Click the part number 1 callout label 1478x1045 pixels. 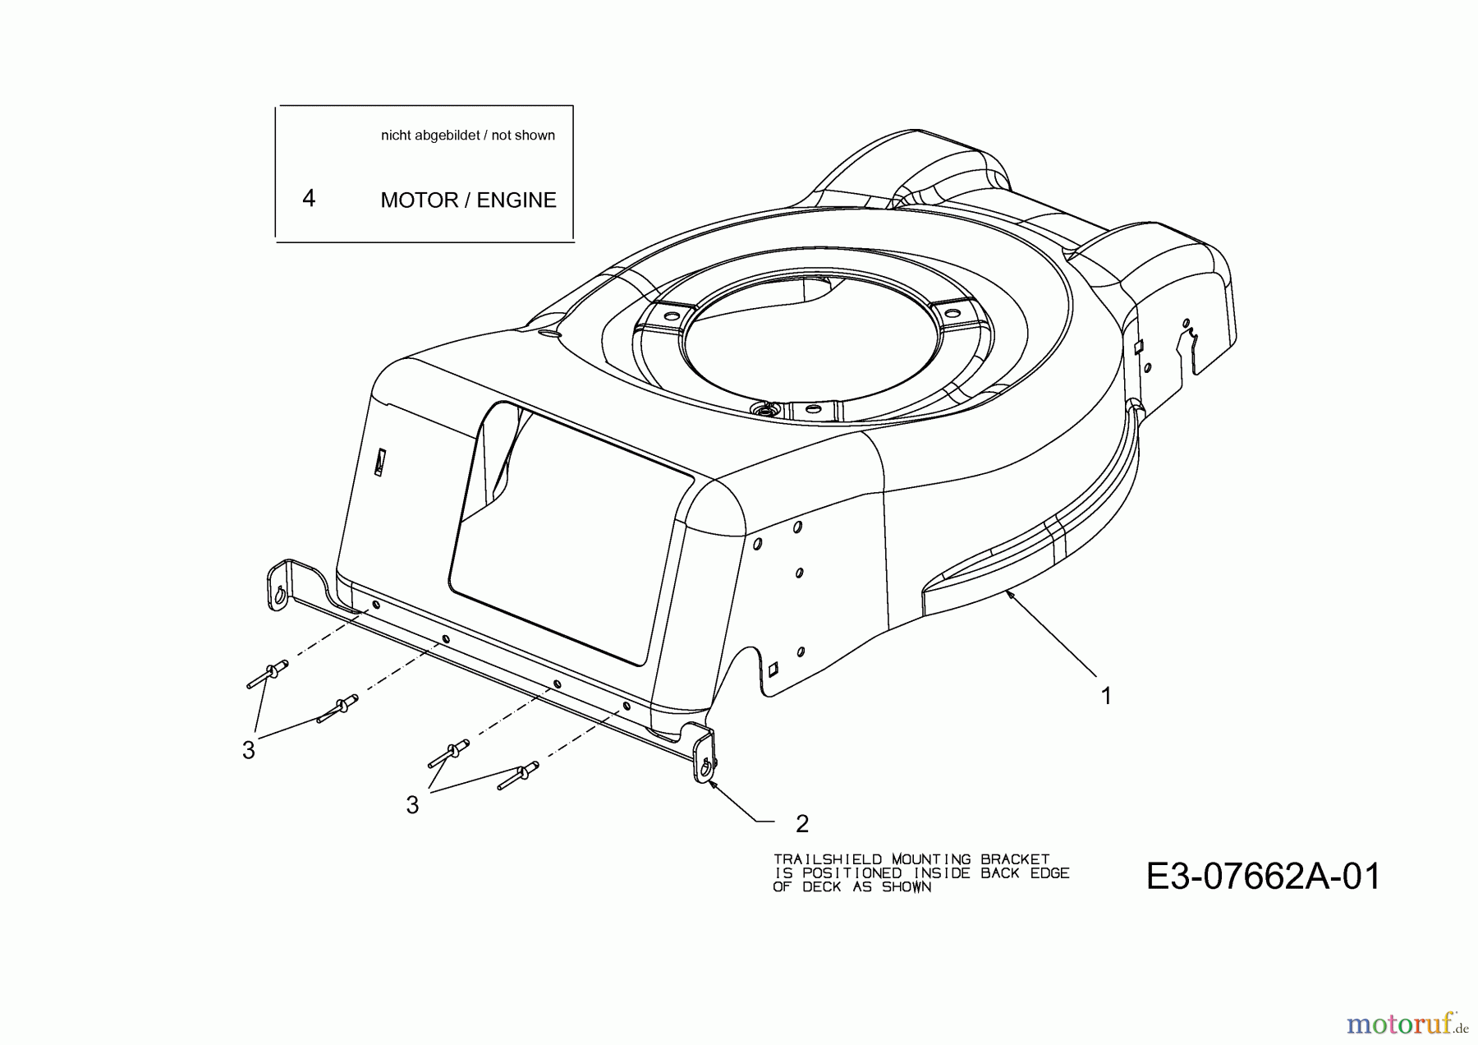1106,697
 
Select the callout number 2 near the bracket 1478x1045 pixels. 802,822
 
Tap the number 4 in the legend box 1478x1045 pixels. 309,198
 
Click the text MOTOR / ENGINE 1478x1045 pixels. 468,200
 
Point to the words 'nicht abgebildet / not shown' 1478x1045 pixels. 467,136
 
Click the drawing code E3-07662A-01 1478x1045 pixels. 1263,877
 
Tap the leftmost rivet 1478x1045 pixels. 267,674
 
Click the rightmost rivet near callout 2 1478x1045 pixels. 518,775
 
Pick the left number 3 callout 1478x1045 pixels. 248,750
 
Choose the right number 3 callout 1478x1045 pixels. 412,805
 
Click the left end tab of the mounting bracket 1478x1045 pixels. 279,586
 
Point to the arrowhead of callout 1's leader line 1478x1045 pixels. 1010,593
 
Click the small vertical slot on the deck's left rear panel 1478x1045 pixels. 379,463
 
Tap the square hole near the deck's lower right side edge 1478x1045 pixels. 772,670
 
